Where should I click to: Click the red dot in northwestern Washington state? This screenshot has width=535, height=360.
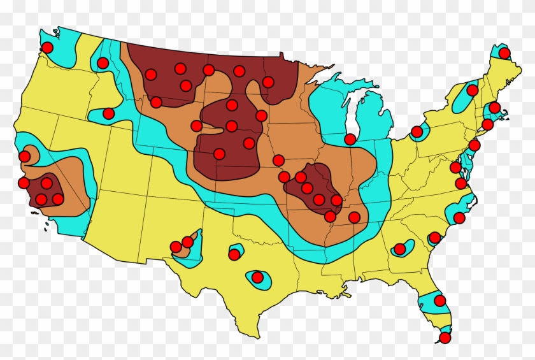[x=47, y=47]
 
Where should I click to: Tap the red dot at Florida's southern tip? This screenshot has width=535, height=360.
[x=445, y=338]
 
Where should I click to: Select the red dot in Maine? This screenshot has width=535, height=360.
[x=504, y=53]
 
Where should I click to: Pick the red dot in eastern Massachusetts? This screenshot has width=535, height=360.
[x=494, y=108]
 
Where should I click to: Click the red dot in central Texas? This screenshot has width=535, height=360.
[x=257, y=277]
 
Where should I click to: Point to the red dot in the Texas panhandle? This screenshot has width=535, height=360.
[x=234, y=254]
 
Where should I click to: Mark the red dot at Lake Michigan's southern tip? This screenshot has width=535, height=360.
[x=350, y=139]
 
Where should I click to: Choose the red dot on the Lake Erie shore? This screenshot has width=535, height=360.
[x=417, y=132]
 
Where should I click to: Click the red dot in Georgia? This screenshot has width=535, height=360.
[x=399, y=248]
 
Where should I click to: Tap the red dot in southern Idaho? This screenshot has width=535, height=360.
[x=108, y=113]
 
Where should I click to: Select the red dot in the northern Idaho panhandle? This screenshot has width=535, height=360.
[x=103, y=62]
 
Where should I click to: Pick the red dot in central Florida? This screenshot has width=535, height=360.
[x=439, y=301]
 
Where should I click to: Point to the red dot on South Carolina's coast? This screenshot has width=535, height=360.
[x=435, y=238]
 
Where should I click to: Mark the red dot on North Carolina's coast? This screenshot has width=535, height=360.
[x=459, y=218]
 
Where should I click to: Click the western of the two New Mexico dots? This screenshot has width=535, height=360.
[x=176, y=247]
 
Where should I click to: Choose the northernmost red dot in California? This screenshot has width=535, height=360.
[x=24, y=156]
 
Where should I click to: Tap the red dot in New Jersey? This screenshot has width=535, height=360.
[x=474, y=145]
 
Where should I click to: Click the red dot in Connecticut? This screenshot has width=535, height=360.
[x=487, y=124]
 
